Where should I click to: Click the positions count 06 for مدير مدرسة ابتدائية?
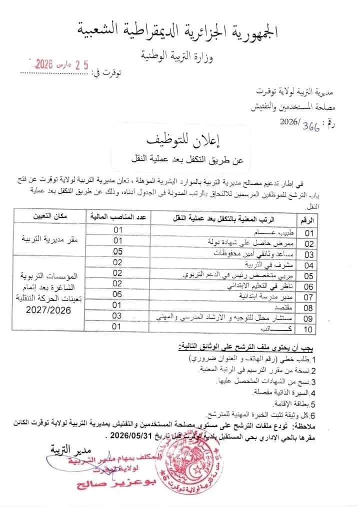pos(117,294)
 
